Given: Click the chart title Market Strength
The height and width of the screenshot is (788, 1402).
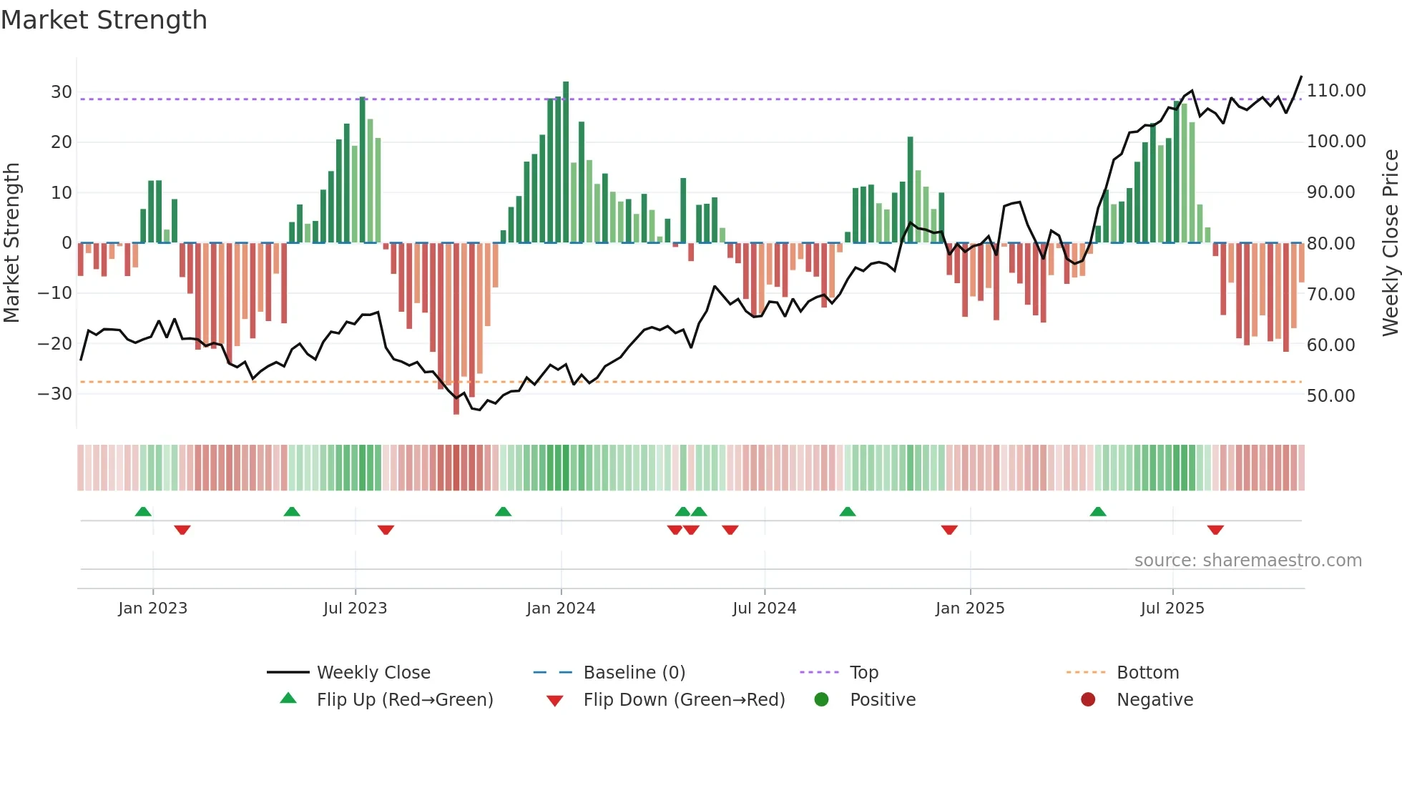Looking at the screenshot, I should [x=104, y=20].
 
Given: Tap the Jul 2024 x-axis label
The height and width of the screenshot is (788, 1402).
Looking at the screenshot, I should [x=764, y=609].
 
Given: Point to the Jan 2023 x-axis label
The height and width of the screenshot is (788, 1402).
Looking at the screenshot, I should [x=152, y=609].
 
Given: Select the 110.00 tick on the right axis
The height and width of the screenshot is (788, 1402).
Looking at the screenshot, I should [x=1335, y=91].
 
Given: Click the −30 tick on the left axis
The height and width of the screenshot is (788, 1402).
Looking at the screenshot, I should [x=54, y=394].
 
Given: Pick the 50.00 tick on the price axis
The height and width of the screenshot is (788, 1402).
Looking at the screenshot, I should [x=1330, y=396].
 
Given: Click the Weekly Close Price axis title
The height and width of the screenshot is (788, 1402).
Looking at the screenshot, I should [x=1390, y=242].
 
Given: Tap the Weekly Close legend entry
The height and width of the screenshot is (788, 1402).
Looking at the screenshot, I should [x=373, y=673].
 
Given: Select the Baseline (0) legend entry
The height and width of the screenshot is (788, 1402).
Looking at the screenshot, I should [x=634, y=673].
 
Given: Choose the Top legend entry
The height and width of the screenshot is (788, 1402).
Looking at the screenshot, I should [x=863, y=673].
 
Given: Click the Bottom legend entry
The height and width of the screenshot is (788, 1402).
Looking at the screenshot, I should [x=1147, y=673].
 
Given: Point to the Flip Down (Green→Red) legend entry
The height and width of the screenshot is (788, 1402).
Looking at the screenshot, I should [x=683, y=700].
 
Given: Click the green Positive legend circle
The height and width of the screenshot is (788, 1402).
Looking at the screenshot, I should [x=821, y=700].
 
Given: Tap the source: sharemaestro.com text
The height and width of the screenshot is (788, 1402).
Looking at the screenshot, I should [x=1247, y=561].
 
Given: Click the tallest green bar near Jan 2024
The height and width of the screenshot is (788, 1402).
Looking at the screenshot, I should [x=566, y=162].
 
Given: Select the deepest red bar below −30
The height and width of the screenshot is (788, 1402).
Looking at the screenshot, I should [x=456, y=329].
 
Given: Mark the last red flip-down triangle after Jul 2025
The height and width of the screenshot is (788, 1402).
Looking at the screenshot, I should [x=1215, y=530].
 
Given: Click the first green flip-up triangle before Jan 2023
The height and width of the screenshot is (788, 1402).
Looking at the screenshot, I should [x=143, y=511].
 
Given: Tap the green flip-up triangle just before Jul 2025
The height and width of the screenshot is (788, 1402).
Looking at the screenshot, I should [x=1098, y=511].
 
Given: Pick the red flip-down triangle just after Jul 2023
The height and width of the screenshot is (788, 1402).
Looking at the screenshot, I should [x=386, y=530].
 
